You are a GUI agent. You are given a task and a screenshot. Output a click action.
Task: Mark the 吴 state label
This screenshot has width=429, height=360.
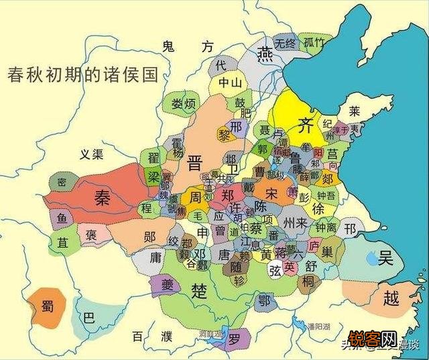pyautogui.click(x=385, y=257)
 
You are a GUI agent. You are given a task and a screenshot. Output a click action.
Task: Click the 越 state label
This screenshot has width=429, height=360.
pyautogui.click(x=389, y=298)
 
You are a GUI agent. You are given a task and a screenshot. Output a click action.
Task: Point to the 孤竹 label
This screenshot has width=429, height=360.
pyautogui.click(x=314, y=42)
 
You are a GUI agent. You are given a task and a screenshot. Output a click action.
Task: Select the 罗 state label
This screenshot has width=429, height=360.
pyautogui.click(x=233, y=339)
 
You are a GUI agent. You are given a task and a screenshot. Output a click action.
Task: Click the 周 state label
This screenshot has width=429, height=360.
pyautogui.click(x=195, y=197)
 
